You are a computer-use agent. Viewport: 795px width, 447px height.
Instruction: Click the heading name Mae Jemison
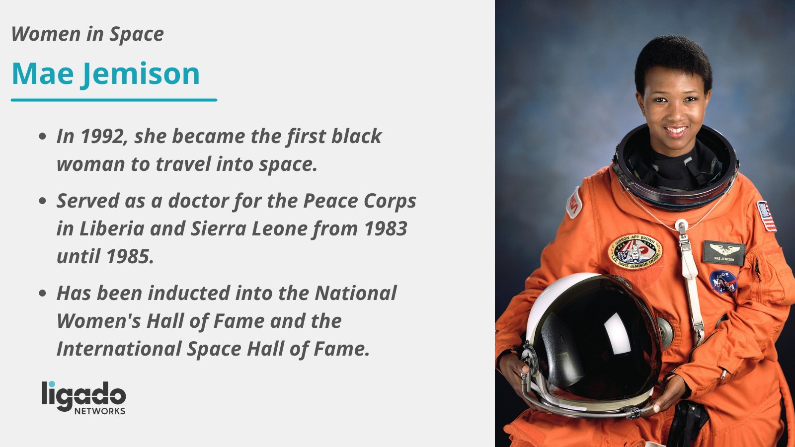[105, 74]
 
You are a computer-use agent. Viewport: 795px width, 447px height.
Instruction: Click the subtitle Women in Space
[87, 34]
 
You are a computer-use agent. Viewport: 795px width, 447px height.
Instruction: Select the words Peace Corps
[360, 201]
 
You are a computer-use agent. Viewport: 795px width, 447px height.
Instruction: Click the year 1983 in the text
[386, 229]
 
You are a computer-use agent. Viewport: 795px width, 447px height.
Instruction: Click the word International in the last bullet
[118, 349]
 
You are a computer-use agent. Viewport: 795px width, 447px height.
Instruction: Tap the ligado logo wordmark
[83, 395]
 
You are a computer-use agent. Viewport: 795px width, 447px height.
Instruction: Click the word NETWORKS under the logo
[100, 411]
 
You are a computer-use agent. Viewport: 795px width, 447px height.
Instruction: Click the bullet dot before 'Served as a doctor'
[43, 202]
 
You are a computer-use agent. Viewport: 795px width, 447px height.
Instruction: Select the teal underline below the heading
[114, 100]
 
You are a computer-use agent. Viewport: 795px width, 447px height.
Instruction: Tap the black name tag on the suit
[723, 252]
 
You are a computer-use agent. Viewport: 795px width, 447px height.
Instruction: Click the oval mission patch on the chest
[636, 251]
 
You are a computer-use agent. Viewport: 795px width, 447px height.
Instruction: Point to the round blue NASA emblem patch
[723, 282]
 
